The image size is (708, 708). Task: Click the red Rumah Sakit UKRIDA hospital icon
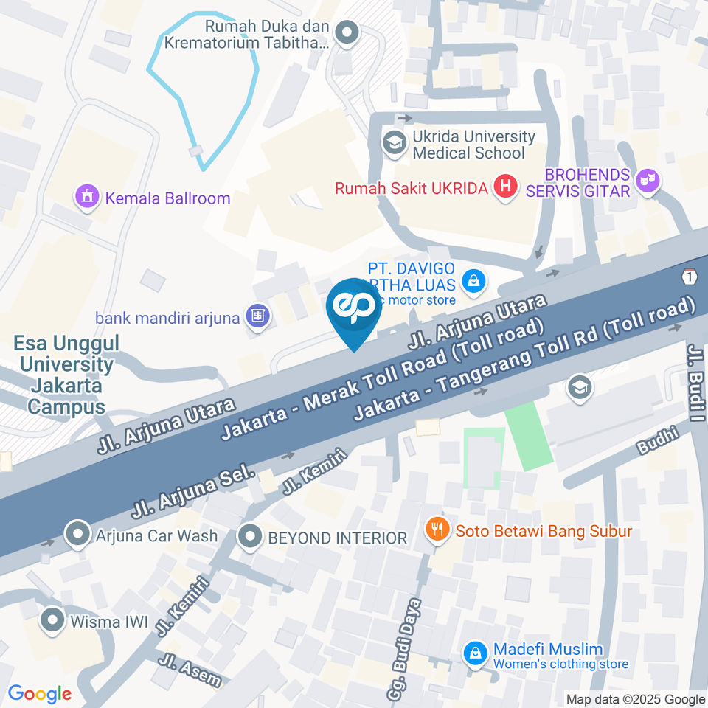coord(505,187)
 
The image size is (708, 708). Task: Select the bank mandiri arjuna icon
coord(257,316)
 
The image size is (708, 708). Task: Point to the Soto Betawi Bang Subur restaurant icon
coord(438,529)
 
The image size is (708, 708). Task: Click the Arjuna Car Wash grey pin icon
coord(77,535)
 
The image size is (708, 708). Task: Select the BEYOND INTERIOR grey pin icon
coord(251,537)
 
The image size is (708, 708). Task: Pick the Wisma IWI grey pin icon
coord(52,621)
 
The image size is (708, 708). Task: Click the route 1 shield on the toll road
coord(690,277)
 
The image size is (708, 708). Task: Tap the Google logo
coord(40,693)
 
